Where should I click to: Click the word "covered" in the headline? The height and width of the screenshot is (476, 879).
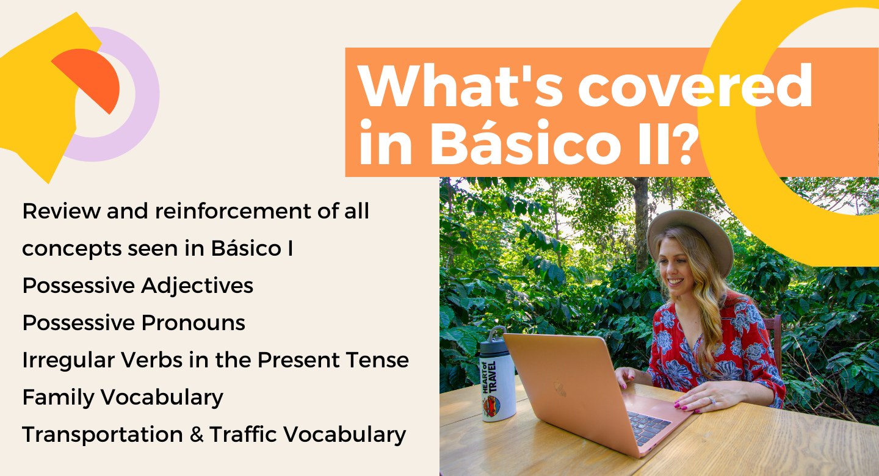pyautogui.click(x=695, y=85)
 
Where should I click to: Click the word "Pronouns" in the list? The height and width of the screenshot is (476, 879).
pyautogui.click(x=193, y=323)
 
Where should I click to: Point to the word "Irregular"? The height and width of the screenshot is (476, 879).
pyautogui.click(x=68, y=361)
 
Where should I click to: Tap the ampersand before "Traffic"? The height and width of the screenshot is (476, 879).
pyautogui.click(x=196, y=435)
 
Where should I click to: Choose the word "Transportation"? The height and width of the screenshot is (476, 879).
pyautogui.click(x=103, y=435)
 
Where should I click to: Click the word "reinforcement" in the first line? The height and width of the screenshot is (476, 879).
pyautogui.click(x=233, y=211)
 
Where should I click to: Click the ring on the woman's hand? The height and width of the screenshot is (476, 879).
pyautogui.click(x=712, y=400)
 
